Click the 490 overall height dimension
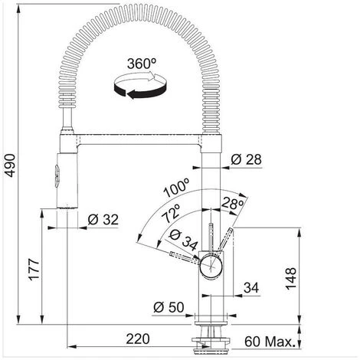coord(11,165)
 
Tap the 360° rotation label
coord(142,64)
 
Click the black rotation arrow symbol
coord(140,86)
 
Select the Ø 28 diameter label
coord(246,160)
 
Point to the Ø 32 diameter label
coord(103,220)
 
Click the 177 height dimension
coord(34,270)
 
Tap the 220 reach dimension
coord(138,339)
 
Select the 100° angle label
coord(177,188)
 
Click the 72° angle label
coord(172,213)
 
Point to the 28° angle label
coord(232,204)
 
